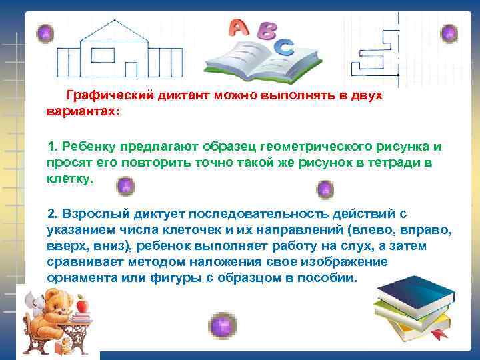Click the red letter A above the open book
pos(238,27)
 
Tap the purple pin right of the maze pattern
pos(449,33)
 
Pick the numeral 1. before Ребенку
pos(53,146)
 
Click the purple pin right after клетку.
pos(125,187)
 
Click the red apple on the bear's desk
pos(82,306)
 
